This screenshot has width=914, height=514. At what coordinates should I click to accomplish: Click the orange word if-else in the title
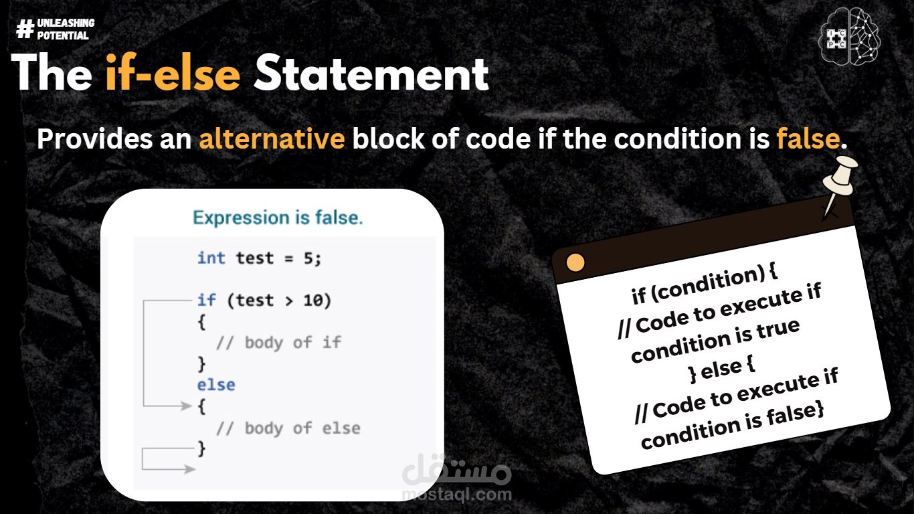(173, 74)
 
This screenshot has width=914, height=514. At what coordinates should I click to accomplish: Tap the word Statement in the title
(371, 74)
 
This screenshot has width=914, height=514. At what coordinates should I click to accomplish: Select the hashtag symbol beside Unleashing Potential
(25, 29)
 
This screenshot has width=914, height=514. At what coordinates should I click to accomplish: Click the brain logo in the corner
(849, 37)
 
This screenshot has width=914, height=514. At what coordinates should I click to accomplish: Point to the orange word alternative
(272, 139)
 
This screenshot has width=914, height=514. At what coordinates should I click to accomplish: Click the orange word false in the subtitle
(808, 139)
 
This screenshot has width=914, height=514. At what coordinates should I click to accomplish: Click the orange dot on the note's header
(575, 262)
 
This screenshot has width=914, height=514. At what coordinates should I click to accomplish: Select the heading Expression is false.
(278, 218)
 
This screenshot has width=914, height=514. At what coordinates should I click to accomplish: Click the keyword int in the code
(211, 258)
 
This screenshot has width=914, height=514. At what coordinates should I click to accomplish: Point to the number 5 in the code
(308, 258)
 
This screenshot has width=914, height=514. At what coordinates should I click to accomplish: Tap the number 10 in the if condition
(312, 301)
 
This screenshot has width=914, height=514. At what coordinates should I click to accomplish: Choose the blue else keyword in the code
(216, 385)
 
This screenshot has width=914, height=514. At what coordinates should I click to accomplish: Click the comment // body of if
(279, 343)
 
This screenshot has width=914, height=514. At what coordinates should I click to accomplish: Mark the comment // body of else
(288, 428)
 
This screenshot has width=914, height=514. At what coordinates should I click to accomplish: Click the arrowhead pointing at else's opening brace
(187, 406)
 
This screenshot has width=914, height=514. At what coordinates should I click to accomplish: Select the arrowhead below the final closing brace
(190, 469)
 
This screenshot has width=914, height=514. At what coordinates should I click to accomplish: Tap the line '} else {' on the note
(721, 369)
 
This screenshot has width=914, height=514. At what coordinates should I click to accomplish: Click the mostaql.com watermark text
(457, 495)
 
